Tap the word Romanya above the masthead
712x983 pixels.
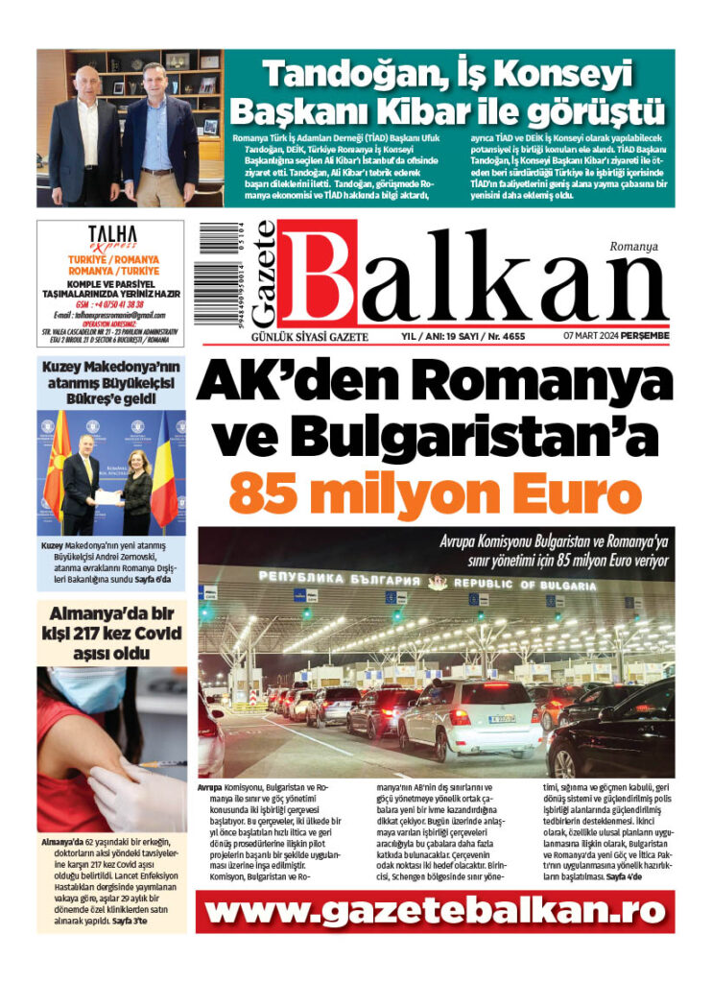click(633, 247)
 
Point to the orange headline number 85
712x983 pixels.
click(270, 493)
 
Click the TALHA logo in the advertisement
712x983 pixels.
click(112, 235)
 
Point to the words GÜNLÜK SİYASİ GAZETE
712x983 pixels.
click(278, 337)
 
